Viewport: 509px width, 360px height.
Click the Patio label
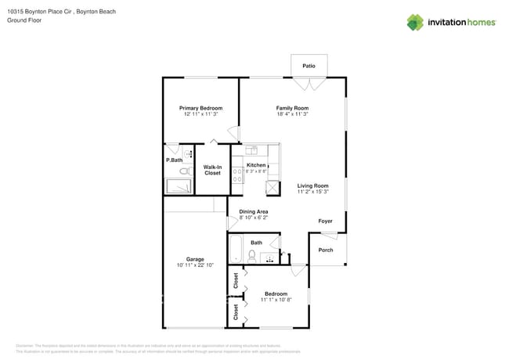point(309,67)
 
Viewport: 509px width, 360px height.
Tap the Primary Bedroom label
point(200,108)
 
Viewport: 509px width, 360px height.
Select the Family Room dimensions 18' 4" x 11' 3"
point(292,114)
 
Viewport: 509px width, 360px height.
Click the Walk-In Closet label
point(212,170)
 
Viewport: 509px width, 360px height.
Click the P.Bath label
point(174,160)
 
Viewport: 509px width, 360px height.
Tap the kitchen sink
point(251,149)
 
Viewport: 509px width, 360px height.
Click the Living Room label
point(312,185)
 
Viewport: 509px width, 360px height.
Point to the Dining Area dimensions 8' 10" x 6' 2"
point(253,218)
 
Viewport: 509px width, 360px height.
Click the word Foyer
point(325,221)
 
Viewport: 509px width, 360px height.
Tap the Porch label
point(326,250)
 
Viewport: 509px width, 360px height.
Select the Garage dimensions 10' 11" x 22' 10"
point(195,266)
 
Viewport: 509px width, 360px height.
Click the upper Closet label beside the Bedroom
point(236,279)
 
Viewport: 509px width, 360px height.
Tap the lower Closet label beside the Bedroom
point(236,311)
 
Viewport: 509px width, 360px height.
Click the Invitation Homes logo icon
point(415,22)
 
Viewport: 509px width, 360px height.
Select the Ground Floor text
point(23,20)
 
